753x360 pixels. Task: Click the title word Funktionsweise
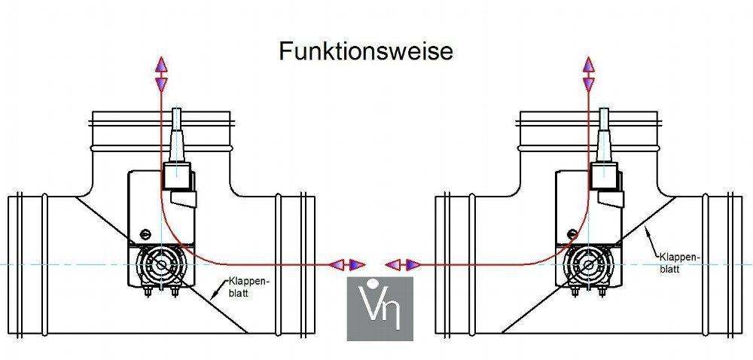click(x=366, y=51)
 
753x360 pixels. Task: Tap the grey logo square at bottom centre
click(x=380, y=309)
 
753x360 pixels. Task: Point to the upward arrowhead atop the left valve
click(x=161, y=66)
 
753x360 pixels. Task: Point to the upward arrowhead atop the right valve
click(x=588, y=66)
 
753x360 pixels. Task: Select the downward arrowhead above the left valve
click(x=161, y=84)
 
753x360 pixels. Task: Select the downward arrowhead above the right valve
click(x=588, y=84)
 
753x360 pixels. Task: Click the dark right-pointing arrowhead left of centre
click(x=357, y=264)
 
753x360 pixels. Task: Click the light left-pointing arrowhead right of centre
click(x=393, y=264)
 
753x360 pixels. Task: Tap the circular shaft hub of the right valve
click(x=588, y=264)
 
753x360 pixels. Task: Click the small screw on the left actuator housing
click(x=144, y=233)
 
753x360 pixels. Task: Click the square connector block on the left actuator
click(x=177, y=176)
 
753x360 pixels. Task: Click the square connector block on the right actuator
click(x=604, y=176)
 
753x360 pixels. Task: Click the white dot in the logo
click(x=370, y=282)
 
